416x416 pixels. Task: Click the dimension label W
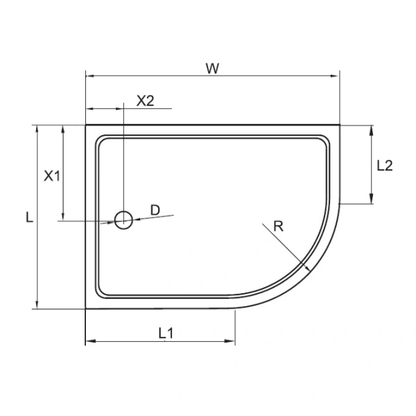[212, 67]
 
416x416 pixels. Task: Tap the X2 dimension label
[145, 100]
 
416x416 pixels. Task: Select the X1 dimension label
[52, 175]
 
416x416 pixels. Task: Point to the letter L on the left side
[28, 218]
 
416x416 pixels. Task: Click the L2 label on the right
[385, 166]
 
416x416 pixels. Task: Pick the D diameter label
[155, 210]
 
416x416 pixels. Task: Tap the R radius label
[278, 225]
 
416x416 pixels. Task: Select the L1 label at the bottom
[165, 333]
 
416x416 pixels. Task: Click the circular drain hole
[123, 220]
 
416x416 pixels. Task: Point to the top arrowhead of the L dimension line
[35, 129]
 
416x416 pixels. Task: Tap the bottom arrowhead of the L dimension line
[35, 305]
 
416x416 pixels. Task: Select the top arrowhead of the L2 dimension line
[372, 130]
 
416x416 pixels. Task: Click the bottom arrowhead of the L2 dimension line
[372, 200]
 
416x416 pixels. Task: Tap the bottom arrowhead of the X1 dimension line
[64, 217]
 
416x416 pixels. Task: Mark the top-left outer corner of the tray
[85, 125]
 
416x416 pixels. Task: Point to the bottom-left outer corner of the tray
[85, 309]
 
